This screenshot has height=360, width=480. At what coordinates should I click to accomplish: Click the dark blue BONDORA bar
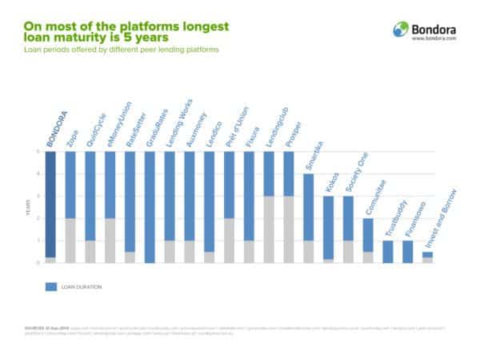(50, 204)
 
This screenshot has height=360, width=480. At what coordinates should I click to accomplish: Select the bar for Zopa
(70, 184)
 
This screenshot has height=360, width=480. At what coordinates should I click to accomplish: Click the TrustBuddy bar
(388, 251)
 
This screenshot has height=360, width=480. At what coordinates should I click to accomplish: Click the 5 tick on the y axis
(37, 151)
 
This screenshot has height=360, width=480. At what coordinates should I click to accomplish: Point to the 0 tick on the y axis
(37, 262)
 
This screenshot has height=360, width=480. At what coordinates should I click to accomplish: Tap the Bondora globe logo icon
(401, 30)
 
